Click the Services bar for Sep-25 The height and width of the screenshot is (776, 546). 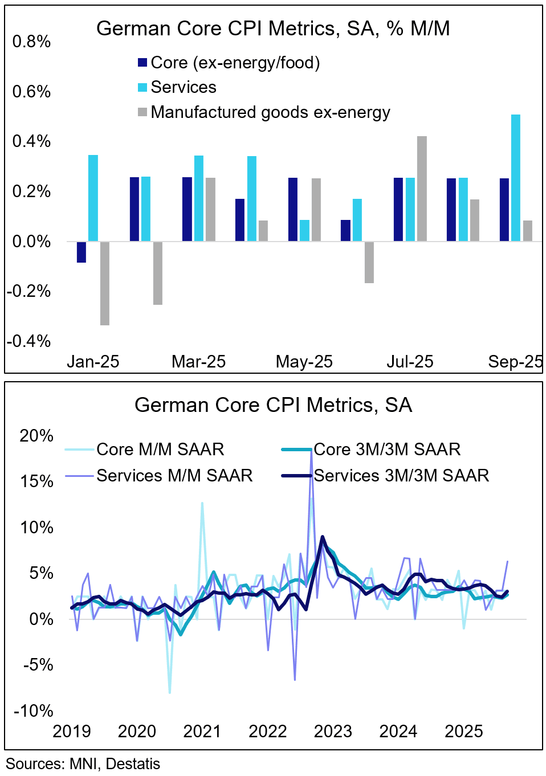point(515,178)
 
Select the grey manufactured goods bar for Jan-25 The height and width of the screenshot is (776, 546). point(105,283)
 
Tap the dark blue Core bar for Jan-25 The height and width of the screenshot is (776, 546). point(82,252)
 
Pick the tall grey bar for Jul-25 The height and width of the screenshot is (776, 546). point(422,189)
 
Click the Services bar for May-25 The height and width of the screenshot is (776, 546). point(304,230)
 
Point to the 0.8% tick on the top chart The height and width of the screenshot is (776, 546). point(31,42)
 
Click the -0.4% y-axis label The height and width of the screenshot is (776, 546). point(28,341)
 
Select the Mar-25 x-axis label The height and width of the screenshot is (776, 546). point(198,362)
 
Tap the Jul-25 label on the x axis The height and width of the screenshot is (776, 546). point(410,362)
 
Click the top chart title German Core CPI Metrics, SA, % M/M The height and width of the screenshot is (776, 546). point(273,28)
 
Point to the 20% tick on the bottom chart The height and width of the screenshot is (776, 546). point(36,436)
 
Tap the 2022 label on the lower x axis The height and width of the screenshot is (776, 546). point(267,732)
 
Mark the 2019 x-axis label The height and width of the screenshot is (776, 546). point(72,732)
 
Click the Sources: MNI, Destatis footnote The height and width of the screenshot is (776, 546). point(83,764)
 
